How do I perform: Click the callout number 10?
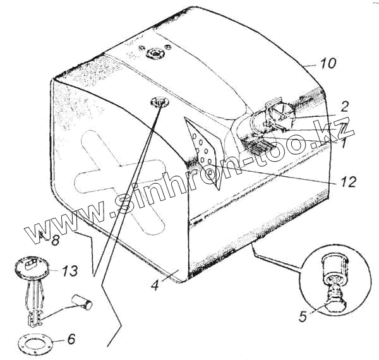[x=328, y=64]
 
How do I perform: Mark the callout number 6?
[x=71, y=339]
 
